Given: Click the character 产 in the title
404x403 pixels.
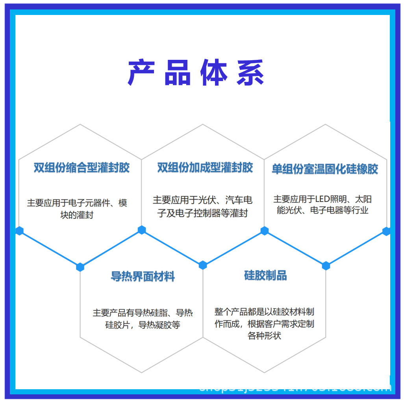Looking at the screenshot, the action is click(140, 73).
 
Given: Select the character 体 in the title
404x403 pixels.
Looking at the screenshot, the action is click(214, 73).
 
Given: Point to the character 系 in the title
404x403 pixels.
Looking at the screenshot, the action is click(250, 73).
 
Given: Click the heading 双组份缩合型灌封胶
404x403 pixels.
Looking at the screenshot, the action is click(82, 168).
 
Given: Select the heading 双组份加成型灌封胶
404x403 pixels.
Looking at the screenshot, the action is click(205, 168).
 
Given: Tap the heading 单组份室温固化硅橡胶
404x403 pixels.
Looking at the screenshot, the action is click(325, 169).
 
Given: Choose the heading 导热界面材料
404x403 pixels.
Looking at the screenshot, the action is click(143, 277).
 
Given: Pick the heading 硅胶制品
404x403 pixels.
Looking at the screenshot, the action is click(265, 275).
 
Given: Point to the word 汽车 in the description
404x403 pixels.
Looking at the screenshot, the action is click(235, 200).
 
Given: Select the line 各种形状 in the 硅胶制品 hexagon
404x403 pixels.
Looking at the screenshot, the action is click(264, 336).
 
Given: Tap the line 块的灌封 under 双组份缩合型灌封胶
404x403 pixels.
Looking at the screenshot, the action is click(77, 215).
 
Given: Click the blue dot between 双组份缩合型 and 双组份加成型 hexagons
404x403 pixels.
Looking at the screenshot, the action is click(142, 230).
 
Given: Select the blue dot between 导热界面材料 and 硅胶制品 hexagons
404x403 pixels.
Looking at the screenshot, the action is click(203, 265).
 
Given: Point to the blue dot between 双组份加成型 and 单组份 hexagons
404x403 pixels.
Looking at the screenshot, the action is click(265, 231).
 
